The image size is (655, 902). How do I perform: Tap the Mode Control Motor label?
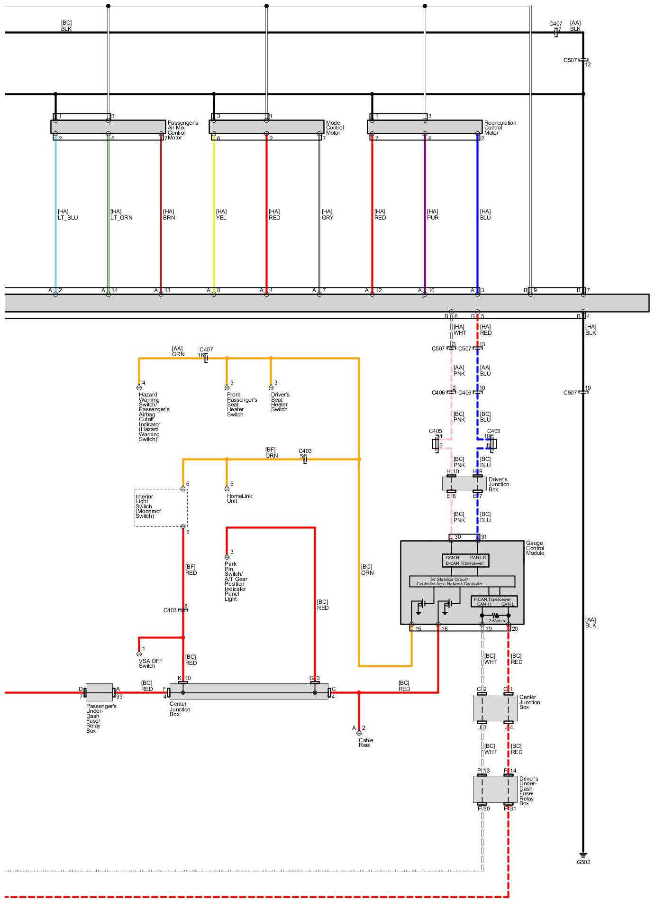[335, 128]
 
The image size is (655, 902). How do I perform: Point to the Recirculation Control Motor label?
[500, 128]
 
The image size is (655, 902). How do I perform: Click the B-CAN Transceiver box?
[465, 561]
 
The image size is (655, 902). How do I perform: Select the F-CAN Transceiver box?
[494, 601]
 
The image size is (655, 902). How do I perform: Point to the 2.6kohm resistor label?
[496, 620]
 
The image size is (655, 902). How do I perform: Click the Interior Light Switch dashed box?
[161, 508]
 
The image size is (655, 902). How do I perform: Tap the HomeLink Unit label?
[239, 498]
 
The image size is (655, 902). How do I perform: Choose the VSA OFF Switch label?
[150, 663]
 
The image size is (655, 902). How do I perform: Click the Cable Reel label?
[365, 742]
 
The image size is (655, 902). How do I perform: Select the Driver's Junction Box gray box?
[464, 484]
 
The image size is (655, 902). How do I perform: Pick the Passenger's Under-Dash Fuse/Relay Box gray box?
[99, 692]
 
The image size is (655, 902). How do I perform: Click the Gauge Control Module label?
[535, 548]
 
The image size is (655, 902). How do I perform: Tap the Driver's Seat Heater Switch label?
[280, 402]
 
